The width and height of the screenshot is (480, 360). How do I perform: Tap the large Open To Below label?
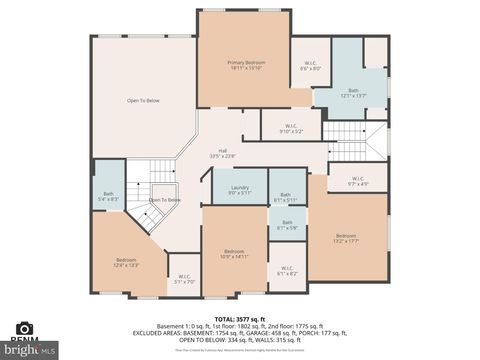point(143,100)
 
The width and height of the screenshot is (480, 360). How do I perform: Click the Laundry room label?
point(239,189)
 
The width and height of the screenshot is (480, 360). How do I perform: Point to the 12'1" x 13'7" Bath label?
point(354,93)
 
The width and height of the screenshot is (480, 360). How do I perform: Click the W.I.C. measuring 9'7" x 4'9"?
point(358,181)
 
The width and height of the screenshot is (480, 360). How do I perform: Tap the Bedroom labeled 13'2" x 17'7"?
point(346,238)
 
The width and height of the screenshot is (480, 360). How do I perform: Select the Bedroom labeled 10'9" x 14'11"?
point(234,253)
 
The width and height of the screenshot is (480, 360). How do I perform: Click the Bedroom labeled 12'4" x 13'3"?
point(126,262)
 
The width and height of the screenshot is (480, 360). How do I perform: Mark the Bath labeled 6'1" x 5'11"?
point(286,197)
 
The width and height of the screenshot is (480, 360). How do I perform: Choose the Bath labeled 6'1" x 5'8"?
point(287,225)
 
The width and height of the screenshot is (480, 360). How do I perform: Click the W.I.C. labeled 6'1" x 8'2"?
point(286,270)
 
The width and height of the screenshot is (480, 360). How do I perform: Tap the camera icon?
point(24,328)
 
